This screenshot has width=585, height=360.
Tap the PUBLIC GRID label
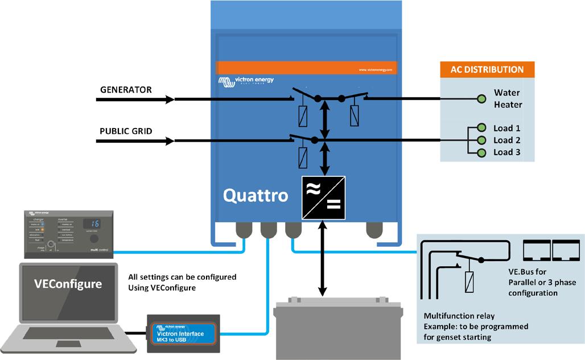pos(126,131)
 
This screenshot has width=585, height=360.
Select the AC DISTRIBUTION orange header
pos(487,70)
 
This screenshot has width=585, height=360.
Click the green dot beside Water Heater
pos(481,99)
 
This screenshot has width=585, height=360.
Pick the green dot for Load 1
pos(481,128)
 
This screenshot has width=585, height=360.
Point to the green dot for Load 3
pos(481,152)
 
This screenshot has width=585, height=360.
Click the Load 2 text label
pos(506,140)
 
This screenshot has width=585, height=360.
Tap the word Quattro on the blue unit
pos(255,196)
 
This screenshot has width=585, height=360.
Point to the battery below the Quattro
pos(338,330)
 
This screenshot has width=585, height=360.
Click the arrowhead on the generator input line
pos(170,100)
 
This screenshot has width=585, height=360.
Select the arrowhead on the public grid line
pos(170,140)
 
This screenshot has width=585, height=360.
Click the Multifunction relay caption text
pos(459,316)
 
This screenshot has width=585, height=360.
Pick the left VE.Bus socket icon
pos(536,249)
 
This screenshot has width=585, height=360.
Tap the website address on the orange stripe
pos(376,69)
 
